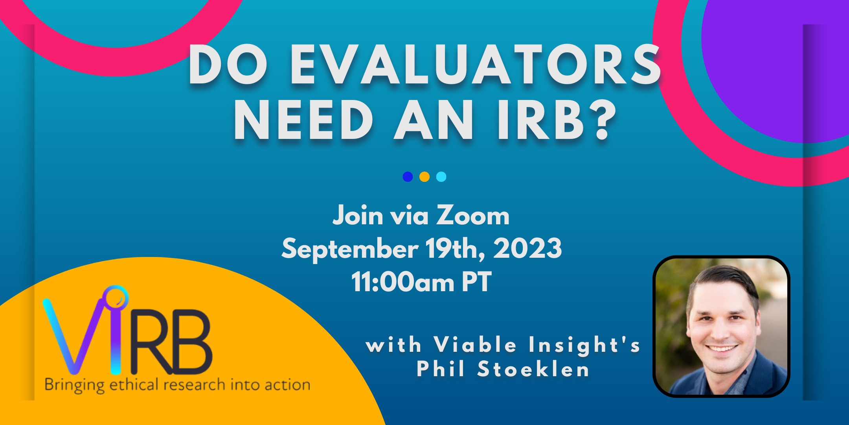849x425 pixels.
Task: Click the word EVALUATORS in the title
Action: click(x=475, y=65)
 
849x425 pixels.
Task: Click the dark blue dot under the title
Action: click(x=408, y=177)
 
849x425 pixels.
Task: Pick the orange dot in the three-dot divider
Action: click(x=424, y=177)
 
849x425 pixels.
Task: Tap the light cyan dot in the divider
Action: click(x=441, y=177)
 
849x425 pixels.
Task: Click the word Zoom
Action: click(x=473, y=216)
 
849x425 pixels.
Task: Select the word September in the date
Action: click(x=350, y=249)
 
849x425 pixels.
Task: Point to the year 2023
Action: click(x=527, y=248)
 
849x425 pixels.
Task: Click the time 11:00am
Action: click(x=402, y=281)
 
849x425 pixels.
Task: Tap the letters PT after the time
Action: click(x=476, y=281)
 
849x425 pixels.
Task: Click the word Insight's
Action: click(x=584, y=345)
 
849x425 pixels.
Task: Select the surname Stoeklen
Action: click(x=533, y=369)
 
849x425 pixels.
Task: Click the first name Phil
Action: click(x=441, y=369)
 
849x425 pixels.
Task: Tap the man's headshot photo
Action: click(x=721, y=326)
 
